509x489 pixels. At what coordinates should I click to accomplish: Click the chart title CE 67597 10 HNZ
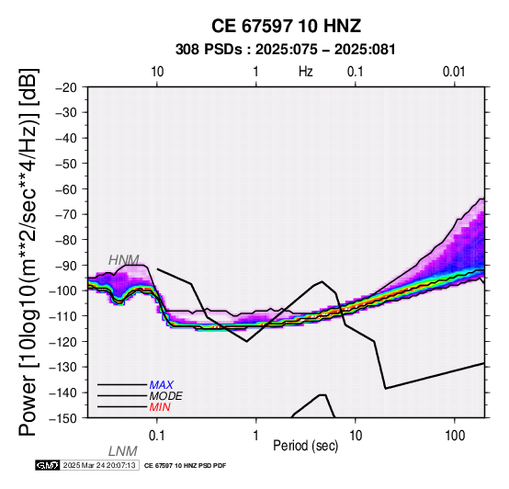[286, 26]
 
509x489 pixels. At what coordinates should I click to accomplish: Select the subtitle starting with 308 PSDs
[286, 50]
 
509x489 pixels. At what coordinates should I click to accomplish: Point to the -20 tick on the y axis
[65, 87]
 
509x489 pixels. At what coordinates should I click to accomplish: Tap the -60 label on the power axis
[65, 189]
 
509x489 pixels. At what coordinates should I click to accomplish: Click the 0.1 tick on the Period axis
[156, 436]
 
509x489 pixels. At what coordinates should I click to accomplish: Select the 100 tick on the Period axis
[455, 436]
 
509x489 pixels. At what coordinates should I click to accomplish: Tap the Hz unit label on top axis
[306, 72]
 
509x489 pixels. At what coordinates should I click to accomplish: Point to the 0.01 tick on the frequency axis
[454, 72]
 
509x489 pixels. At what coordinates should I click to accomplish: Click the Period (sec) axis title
[305, 446]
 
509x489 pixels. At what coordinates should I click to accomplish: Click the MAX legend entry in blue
[162, 385]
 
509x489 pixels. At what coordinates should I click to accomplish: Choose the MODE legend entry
[166, 396]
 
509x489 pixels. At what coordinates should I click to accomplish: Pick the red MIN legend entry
[160, 407]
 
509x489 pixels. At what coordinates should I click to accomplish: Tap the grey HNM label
[124, 260]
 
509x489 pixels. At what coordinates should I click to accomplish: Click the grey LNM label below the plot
[123, 451]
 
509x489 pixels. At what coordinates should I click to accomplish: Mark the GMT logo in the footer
[48, 465]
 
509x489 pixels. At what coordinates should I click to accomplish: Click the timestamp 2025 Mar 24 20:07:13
[99, 465]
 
